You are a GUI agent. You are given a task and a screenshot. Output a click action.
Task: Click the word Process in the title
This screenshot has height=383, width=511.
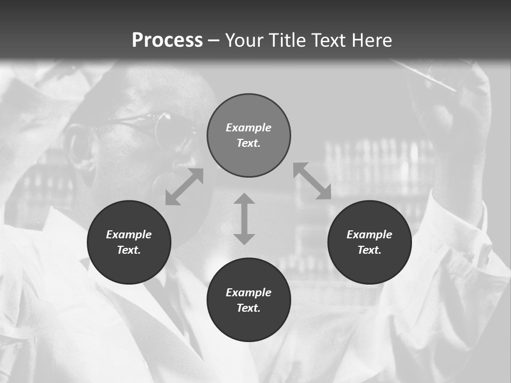click(167, 40)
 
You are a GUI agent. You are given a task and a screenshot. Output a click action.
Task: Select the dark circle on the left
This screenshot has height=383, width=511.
click(129, 266)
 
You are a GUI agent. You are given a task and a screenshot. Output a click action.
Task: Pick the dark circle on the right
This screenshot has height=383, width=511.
click(369, 266)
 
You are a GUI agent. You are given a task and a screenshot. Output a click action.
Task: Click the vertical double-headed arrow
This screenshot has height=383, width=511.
click(244, 219)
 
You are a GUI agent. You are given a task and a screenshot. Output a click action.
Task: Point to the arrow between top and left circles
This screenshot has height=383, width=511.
click(184, 187)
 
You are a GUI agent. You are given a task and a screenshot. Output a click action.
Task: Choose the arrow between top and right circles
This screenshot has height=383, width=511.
click(312, 181)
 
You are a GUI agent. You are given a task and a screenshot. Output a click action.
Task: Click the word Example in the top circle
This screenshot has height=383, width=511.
click(249, 128)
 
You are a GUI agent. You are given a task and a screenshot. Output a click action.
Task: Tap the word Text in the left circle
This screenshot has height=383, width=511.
click(129, 250)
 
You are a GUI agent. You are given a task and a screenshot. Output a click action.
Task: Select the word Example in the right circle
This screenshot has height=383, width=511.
click(369, 235)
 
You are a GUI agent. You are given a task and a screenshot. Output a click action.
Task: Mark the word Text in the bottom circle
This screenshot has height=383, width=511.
click(249, 308)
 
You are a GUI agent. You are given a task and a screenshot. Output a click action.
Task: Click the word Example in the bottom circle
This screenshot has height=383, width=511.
click(249, 293)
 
